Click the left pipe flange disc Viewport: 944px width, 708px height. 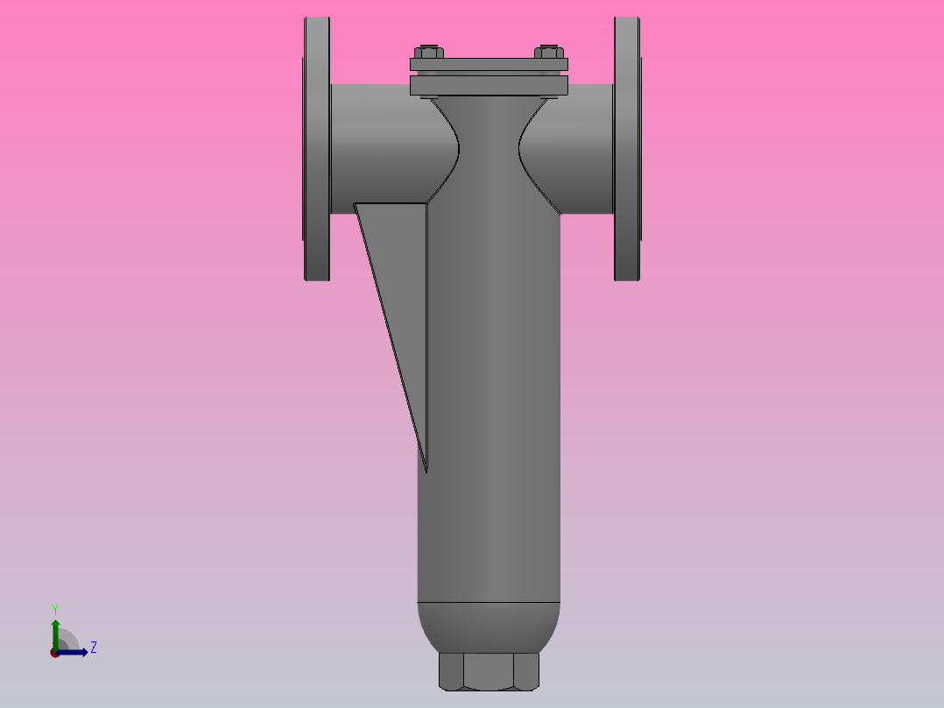pos(317,149)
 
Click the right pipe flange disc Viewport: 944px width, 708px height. pos(626,149)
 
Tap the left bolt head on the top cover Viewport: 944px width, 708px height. pos(428,52)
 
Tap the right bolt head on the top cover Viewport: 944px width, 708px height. pos(548,52)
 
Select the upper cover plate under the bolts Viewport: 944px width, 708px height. pos(489,64)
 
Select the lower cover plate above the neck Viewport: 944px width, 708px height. pos(489,85)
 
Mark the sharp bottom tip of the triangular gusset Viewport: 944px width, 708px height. pos(426,471)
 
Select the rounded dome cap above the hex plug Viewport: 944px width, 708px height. pos(489,627)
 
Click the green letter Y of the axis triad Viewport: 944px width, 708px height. pos(54,608)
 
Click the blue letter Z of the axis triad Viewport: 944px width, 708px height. pos(93,648)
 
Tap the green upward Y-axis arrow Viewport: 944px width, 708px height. pos(54,629)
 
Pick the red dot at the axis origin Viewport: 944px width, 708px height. pos(54,652)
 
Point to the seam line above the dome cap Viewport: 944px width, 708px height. pos(489,603)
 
